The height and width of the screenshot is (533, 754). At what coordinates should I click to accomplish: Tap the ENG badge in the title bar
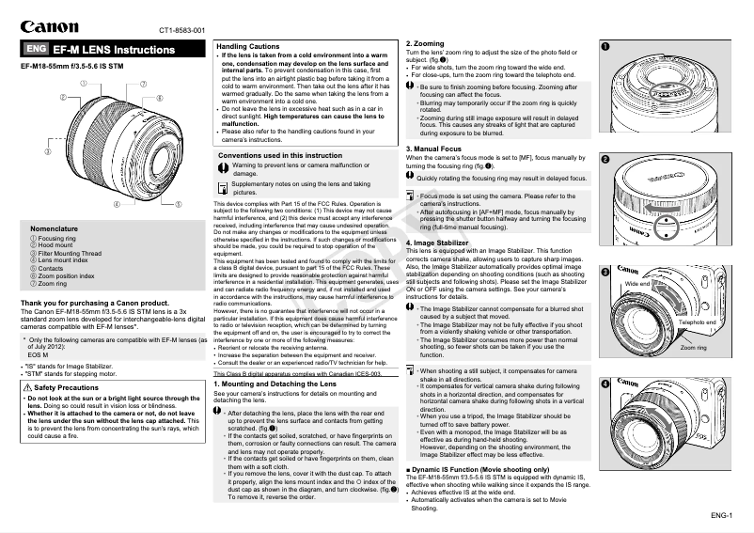click(35, 49)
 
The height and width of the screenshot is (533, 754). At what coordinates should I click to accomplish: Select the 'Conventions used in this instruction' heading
click(280, 155)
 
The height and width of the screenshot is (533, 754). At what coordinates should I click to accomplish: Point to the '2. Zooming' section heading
click(425, 43)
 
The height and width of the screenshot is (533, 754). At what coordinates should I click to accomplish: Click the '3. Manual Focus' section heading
click(434, 149)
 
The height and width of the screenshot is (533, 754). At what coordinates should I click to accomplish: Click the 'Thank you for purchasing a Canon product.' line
click(94, 304)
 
